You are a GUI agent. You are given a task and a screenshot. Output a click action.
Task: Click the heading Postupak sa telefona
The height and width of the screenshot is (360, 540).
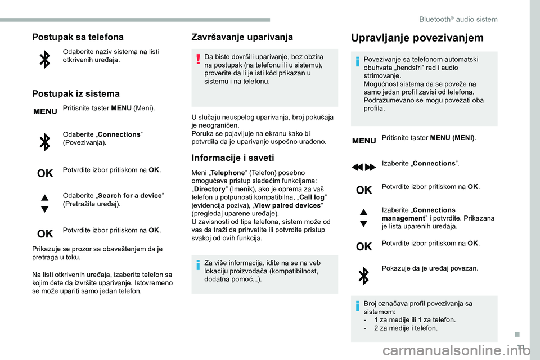pyautogui.click(x=78, y=37)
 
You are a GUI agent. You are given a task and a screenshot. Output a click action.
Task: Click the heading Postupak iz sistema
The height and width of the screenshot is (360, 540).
pyautogui.click(x=76, y=93)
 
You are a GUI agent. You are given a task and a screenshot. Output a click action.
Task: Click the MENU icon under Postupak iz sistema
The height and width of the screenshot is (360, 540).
pyautogui.click(x=45, y=111)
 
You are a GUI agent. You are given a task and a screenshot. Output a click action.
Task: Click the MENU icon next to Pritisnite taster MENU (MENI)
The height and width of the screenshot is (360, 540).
pyautogui.click(x=363, y=141)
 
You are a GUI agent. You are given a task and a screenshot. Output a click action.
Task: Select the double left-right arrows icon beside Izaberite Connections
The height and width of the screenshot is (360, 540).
pyautogui.click(x=363, y=166)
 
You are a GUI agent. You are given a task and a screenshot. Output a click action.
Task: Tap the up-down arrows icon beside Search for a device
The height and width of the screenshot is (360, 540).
pyautogui.click(x=44, y=202)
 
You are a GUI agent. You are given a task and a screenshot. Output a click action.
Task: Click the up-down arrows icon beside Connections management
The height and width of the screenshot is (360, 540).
pyautogui.click(x=363, y=218)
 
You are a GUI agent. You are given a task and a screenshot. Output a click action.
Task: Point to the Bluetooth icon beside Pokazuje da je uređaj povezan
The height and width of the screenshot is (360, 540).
pyautogui.click(x=363, y=276)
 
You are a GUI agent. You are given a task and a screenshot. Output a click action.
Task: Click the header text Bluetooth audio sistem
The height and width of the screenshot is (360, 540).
pyautogui.click(x=458, y=19)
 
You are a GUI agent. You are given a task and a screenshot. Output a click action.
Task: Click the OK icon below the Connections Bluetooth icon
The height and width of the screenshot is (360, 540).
pyautogui.click(x=44, y=172)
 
